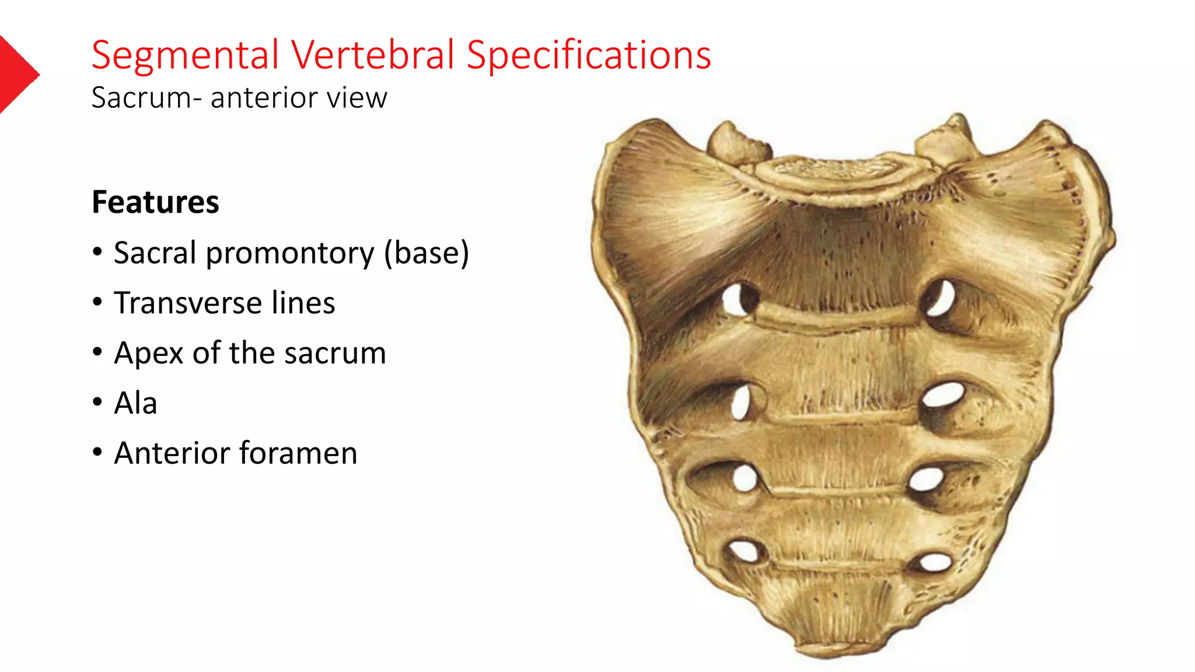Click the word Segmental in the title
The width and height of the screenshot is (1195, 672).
(185, 55)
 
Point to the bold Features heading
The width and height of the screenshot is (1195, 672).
(155, 202)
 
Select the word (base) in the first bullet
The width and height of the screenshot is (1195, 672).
(426, 253)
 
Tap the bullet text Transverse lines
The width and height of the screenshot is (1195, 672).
(224, 303)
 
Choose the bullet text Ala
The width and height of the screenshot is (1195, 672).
(135, 403)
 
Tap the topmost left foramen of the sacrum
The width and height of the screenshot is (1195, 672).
(736, 299)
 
